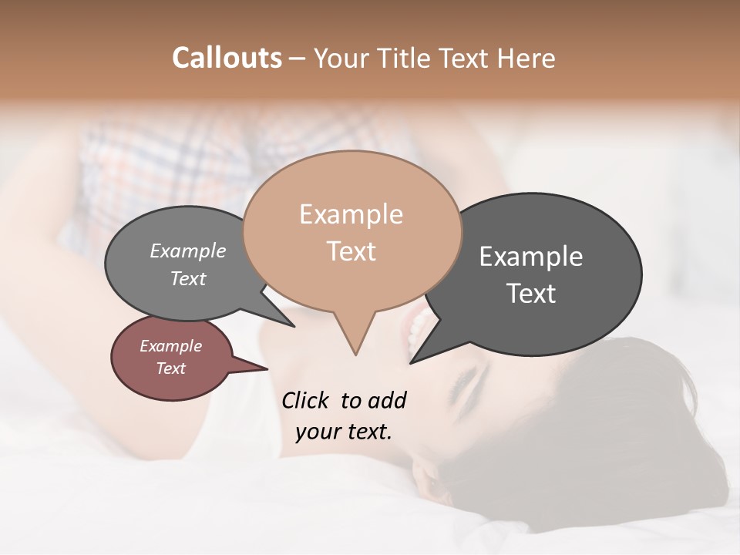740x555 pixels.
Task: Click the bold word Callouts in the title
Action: (227, 58)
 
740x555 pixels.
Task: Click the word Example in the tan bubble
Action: (351, 214)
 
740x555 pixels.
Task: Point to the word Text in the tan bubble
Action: (351, 251)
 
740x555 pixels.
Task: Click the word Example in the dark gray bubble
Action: (530, 257)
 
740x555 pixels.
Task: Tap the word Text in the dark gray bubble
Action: (530, 293)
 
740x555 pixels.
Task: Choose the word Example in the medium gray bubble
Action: (188, 251)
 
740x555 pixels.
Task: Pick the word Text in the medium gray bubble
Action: (188, 278)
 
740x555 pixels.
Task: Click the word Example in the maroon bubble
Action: (170, 346)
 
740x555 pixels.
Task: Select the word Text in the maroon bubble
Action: (170, 368)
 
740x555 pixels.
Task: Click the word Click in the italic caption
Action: (306, 400)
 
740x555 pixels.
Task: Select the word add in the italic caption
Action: (387, 400)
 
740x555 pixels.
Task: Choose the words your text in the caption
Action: (344, 431)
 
